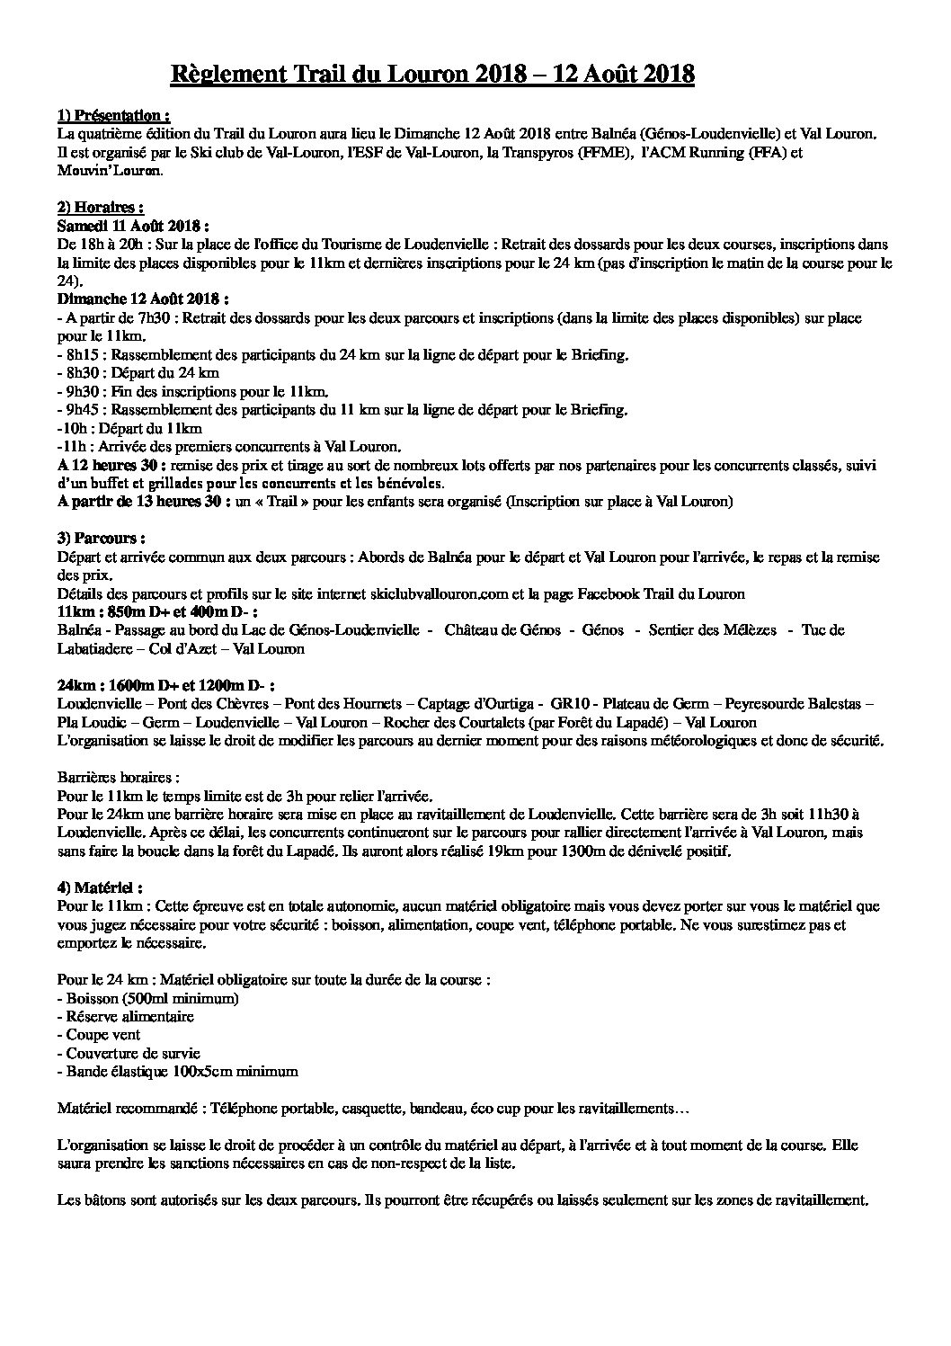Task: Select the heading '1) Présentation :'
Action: pyautogui.click(x=113, y=116)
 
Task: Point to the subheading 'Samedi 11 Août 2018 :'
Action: pyautogui.click(x=133, y=226)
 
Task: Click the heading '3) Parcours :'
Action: pyautogui.click(x=100, y=539)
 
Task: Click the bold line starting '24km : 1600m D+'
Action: pyautogui.click(x=158, y=685)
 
